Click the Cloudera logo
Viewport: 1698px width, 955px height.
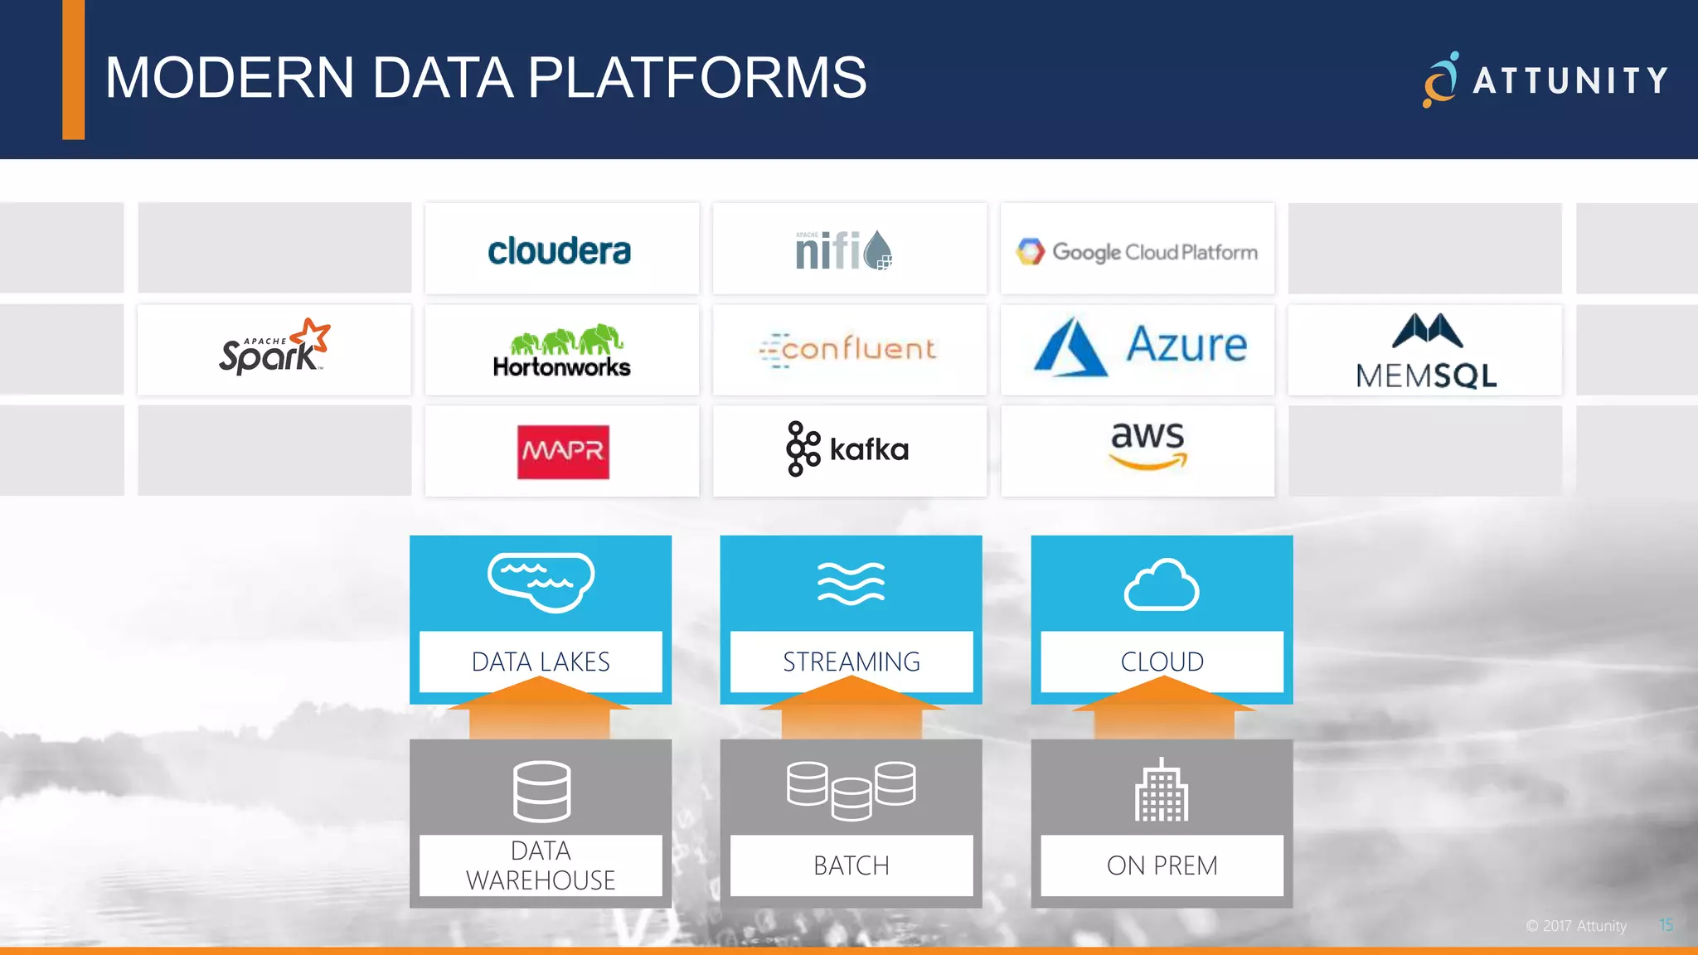(x=560, y=251)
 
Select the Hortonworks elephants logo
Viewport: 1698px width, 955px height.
(x=562, y=351)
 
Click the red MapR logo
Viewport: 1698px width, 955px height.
(x=563, y=452)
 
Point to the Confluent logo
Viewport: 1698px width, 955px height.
(x=848, y=349)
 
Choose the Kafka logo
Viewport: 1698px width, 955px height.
(x=847, y=449)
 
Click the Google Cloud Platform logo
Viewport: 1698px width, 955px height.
(x=1137, y=251)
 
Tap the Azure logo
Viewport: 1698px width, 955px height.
(x=1140, y=347)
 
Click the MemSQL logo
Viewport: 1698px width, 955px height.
(x=1426, y=352)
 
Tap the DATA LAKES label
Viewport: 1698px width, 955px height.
(x=541, y=661)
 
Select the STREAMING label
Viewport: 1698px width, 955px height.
(x=851, y=661)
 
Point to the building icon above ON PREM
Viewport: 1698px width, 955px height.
(x=1162, y=791)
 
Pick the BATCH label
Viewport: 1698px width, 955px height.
(x=851, y=865)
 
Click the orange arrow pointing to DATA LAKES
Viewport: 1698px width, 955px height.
(x=540, y=710)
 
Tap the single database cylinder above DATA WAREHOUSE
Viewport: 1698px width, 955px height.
(x=541, y=791)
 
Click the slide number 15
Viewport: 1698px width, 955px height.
(x=1666, y=925)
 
